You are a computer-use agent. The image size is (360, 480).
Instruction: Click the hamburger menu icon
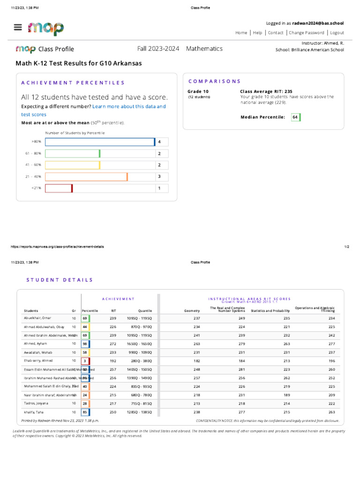click(18, 27)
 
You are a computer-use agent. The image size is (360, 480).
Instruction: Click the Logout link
click(337, 33)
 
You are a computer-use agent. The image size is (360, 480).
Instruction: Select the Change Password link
click(306, 33)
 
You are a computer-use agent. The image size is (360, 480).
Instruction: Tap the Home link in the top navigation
click(241, 33)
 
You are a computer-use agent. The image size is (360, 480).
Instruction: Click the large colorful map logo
click(45, 29)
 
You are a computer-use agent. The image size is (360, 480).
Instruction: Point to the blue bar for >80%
click(99, 142)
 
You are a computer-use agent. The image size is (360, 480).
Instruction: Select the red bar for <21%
click(59, 188)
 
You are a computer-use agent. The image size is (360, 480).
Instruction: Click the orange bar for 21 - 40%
click(86, 177)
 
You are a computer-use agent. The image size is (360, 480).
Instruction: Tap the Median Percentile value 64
click(295, 117)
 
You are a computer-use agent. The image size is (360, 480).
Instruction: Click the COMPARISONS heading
click(215, 81)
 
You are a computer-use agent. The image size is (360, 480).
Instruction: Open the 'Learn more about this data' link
click(129, 106)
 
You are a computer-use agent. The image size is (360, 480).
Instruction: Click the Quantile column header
click(145, 310)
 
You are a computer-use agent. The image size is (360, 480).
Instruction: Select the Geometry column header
click(192, 310)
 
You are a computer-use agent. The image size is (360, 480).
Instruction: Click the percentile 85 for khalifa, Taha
click(85, 412)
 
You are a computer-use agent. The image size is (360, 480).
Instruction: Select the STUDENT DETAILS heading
click(60, 280)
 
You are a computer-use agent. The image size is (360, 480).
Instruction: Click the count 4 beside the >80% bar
click(159, 142)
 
